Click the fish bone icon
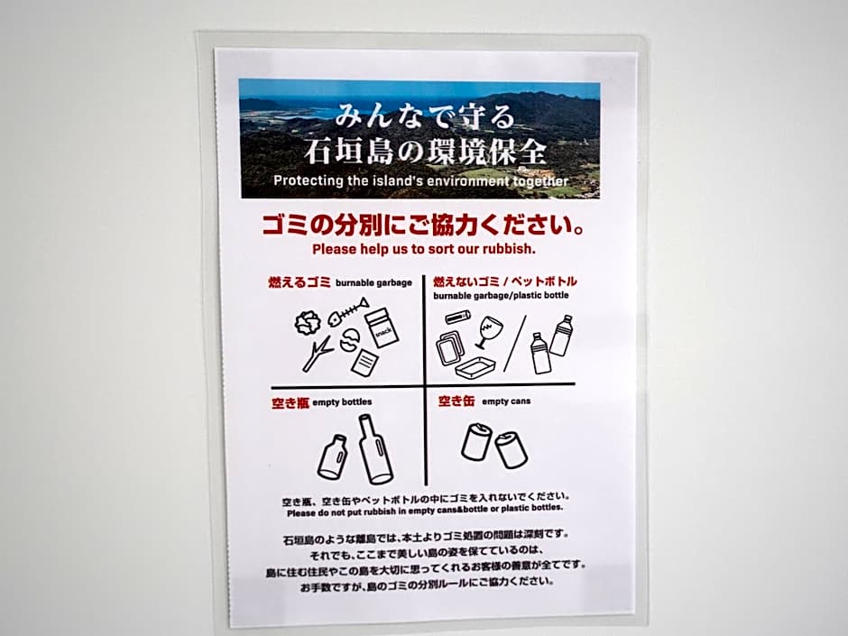click(x=343, y=316)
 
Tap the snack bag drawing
click(x=382, y=327)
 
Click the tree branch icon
click(x=317, y=355)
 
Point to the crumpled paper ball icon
click(x=308, y=323)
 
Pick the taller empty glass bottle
click(x=375, y=449)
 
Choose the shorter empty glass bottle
click(x=331, y=457)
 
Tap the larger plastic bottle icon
click(x=562, y=336)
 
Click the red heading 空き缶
click(x=456, y=401)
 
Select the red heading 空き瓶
click(x=290, y=403)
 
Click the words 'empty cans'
click(x=506, y=401)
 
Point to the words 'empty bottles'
click(x=342, y=401)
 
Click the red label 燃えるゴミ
click(x=300, y=281)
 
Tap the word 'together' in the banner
click(x=540, y=181)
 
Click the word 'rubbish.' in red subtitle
click(x=509, y=249)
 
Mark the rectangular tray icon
click(x=475, y=368)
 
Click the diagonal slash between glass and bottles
click(x=515, y=344)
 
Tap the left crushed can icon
click(x=476, y=441)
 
